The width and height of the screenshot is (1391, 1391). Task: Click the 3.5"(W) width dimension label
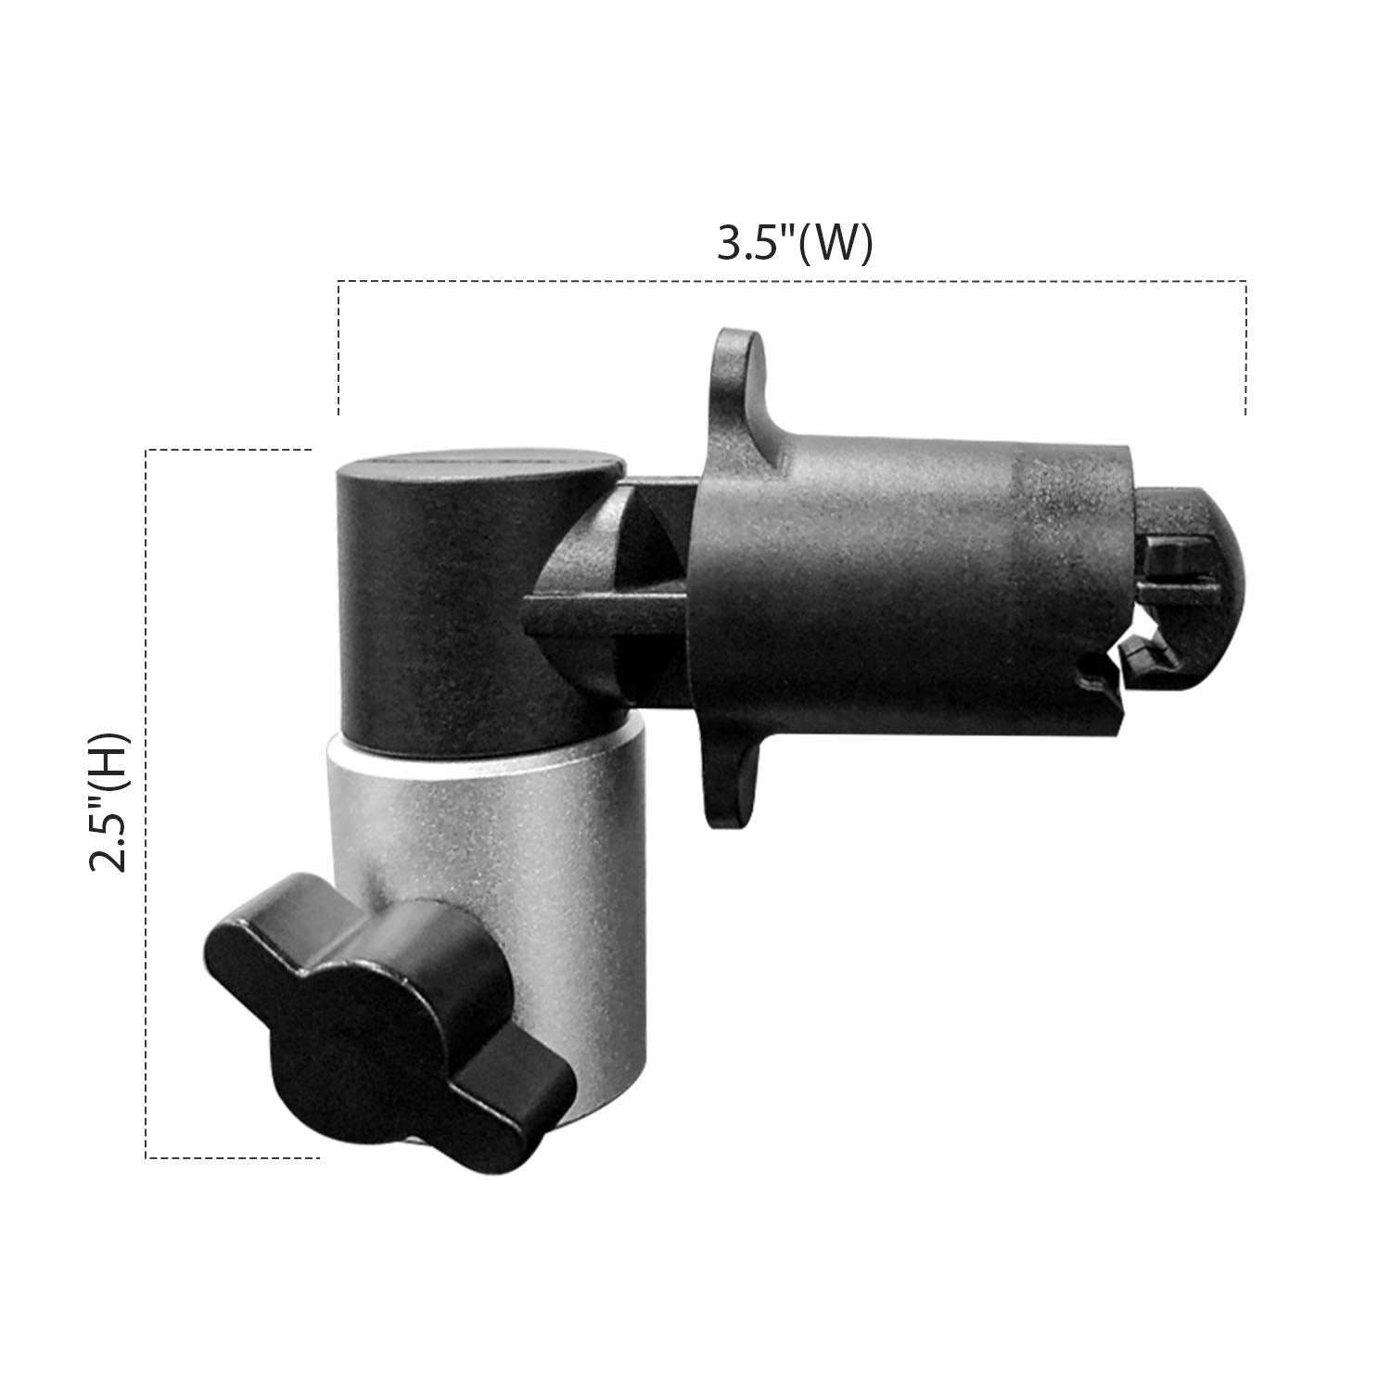coord(795,243)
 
